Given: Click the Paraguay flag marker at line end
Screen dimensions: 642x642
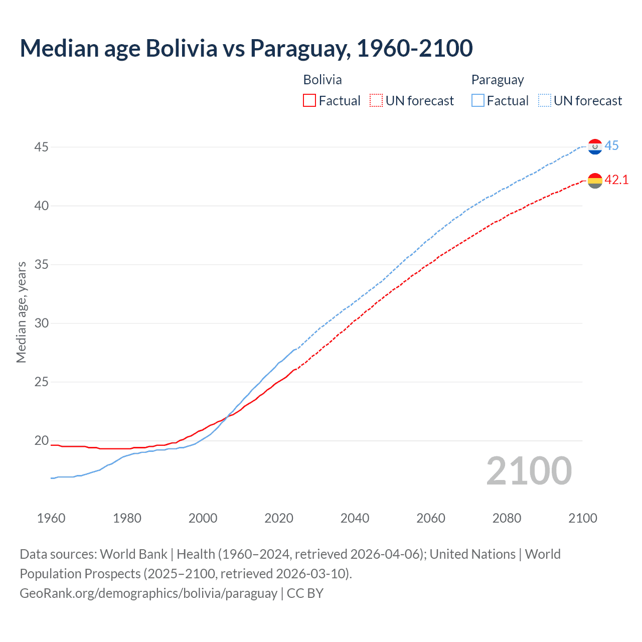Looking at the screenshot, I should [x=595, y=146].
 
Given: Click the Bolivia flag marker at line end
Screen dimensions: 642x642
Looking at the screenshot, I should [x=595, y=181].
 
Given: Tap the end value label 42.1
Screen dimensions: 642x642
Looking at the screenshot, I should [x=616, y=180].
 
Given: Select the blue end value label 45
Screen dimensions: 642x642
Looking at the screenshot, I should [x=611, y=145].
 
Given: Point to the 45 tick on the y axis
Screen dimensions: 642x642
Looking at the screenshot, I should [x=42, y=147].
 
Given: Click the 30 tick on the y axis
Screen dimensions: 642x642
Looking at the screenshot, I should [x=42, y=323].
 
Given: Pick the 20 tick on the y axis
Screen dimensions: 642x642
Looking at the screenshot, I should [x=42, y=440].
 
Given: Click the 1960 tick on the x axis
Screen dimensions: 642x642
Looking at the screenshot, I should [x=51, y=518].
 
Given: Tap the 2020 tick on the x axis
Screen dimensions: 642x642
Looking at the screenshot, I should [x=279, y=518].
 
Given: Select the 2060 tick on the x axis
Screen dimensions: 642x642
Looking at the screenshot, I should [x=431, y=518].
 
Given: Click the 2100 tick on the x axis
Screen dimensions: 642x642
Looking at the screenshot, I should [x=582, y=518].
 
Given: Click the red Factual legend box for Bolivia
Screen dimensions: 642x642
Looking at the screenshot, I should [x=309, y=101].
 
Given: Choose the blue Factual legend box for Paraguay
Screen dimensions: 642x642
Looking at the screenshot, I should [x=477, y=101].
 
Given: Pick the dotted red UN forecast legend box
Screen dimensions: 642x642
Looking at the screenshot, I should [x=376, y=101].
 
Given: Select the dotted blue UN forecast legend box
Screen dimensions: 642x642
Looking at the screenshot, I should [x=544, y=101].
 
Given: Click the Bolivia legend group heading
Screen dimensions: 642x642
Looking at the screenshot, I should [x=323, y=80].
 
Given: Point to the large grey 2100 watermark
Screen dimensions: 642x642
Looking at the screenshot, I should [x=529, y=470].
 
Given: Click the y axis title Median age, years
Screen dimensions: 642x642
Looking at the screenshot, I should [x=21, y=312].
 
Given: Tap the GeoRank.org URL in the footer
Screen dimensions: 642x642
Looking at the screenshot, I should [x=148, y=593].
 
